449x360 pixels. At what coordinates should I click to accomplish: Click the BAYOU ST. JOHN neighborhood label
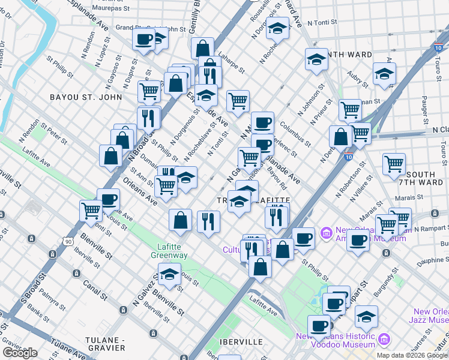(x=86, y=97)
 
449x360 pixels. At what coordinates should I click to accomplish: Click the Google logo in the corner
(x=20, y=353)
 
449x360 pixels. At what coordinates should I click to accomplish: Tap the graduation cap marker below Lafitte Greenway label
(x=170, y=275)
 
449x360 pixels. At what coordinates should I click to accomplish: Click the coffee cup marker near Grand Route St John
(x=144, y=40)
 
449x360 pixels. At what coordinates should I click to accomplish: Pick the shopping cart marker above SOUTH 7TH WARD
(x=394, y=163)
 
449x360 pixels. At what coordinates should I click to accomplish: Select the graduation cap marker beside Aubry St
(x=384, y=74)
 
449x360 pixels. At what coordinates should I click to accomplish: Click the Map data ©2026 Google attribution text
(x=412, y=355)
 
